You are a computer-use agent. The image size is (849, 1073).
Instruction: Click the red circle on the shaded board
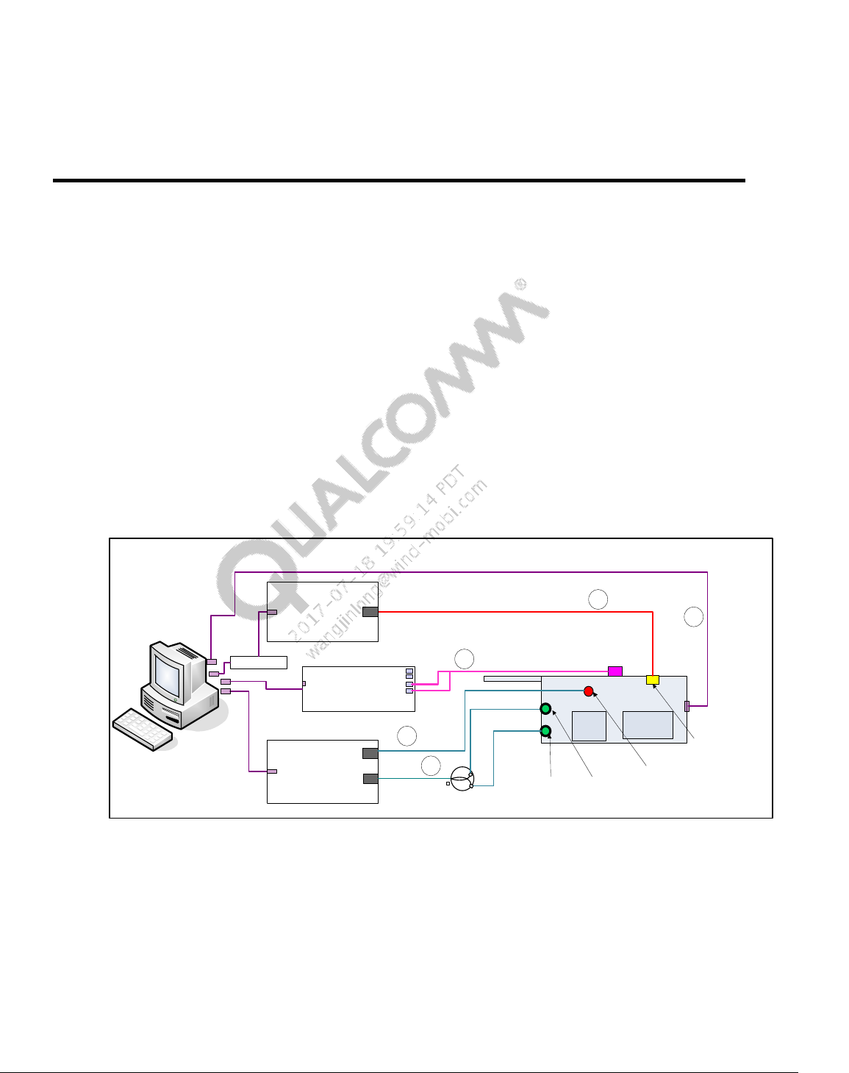click(588, 691)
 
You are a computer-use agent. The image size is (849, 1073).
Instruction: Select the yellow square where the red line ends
click(652, 680)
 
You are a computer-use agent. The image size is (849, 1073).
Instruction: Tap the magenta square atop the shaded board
click(615, 671)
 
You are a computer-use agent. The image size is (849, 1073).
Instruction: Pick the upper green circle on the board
click(545, 709)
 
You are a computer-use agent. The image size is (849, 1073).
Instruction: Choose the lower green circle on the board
click(545, 731)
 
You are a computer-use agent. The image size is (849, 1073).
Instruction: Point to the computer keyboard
click(143, 729)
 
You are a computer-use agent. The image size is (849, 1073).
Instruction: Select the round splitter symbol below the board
click(461, 779)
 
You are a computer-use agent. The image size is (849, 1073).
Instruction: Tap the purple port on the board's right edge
click(687, 706)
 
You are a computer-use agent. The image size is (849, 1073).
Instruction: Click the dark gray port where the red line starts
click(370, 612)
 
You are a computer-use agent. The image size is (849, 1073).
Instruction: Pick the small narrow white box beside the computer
click(258, 662)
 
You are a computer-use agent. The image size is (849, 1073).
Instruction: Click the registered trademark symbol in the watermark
click(520, 284)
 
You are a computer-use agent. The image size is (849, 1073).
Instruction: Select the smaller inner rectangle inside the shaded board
click(589, 726)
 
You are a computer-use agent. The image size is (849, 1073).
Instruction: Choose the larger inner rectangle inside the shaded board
click(648, 724)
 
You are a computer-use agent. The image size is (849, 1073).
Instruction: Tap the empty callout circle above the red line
click(598, 599)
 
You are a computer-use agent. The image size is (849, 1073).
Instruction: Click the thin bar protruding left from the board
click(512, 679)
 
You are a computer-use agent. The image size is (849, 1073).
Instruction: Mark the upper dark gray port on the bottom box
click(370, 753)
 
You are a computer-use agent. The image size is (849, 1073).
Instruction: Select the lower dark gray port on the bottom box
click(370, 779)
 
